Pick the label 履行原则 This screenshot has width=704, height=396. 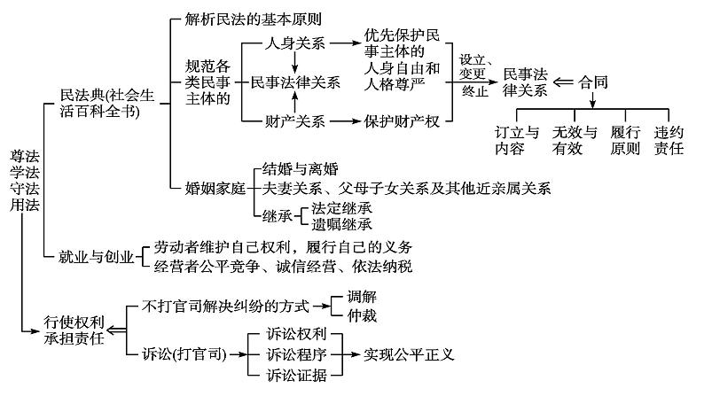click(x=625, y=141)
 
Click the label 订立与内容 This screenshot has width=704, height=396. click(x=517, y=141)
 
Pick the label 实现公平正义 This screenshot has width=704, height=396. click(x=409, y=354)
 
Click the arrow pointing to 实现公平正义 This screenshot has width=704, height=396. click(x=348, y=354)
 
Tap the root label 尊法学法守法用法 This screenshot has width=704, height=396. click(x=20, y=184)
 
